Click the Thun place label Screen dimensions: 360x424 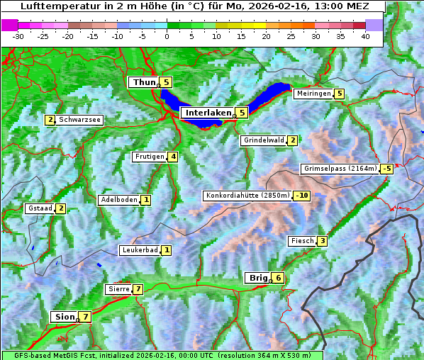pos(144,83)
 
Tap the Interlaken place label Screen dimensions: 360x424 pos(208,113)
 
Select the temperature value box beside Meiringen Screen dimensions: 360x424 pos(340,94)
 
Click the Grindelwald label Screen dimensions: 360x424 pos(264,140)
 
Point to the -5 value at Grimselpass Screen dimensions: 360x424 pos(386,169)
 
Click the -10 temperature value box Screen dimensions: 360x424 pos(302,196)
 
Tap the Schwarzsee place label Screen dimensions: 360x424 pos(81,120)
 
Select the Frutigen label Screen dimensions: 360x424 pos(150,157)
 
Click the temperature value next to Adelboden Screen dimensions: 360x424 pos(146,200)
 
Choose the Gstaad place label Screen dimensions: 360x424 pos(40,208)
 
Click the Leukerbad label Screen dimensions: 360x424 pos(139,250)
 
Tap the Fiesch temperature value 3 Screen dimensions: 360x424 pos(322,241)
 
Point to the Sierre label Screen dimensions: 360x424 pos(118,289)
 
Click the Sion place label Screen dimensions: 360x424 pos(64,317)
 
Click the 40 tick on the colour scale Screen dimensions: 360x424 pos(365,35)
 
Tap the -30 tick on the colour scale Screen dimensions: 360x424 pos(18,35)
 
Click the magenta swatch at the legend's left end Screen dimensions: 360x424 pos(9,25)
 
